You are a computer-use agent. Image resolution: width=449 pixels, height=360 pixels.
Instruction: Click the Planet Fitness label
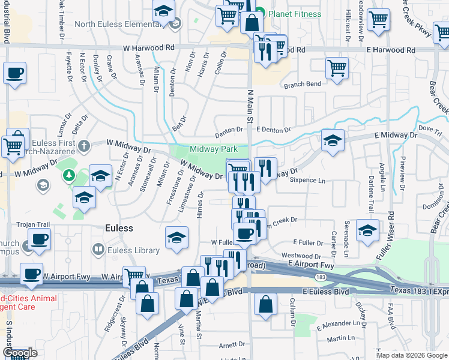click(294, 14)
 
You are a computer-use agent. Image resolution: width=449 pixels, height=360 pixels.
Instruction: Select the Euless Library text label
click(127, 248)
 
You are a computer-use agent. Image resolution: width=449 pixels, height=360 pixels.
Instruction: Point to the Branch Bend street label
click(303, 85)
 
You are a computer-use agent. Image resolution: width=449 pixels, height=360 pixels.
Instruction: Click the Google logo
click(20, 353)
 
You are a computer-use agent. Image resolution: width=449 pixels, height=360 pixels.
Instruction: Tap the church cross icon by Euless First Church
click(83, 145)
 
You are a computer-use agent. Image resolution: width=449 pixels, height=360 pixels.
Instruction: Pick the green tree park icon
click(68, 175)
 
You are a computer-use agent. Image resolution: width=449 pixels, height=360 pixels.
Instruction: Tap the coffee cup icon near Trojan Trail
click(39, 239)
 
